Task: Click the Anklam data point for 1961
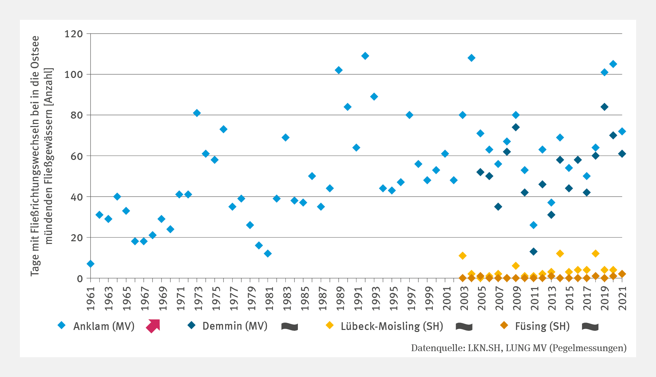tap(91, 264)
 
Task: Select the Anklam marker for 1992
tap(365, 56)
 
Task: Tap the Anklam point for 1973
tap(197, 113)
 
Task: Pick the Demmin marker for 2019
tap(605, 107)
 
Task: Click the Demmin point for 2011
tap(533, 252)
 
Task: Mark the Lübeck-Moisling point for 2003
tap(463, 256)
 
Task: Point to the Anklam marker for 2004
tap(472, 58)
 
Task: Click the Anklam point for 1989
tap(339, 70)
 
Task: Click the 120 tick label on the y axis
tap(74, 34)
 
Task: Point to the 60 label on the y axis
tap(77, 156)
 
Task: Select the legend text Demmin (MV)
tap(235, 326)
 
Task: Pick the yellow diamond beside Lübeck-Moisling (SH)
tap(330, 325)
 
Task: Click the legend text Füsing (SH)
tap(542, 326)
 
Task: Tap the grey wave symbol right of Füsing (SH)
tap(590, 326)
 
